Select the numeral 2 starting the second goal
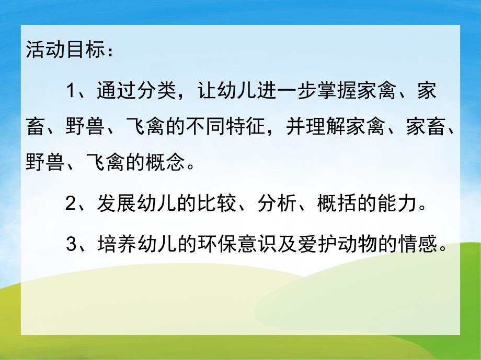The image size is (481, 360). (72, 204)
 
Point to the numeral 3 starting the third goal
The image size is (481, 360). (72, 243)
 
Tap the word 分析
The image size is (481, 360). (278, 204)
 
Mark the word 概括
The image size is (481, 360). (335, 204)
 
